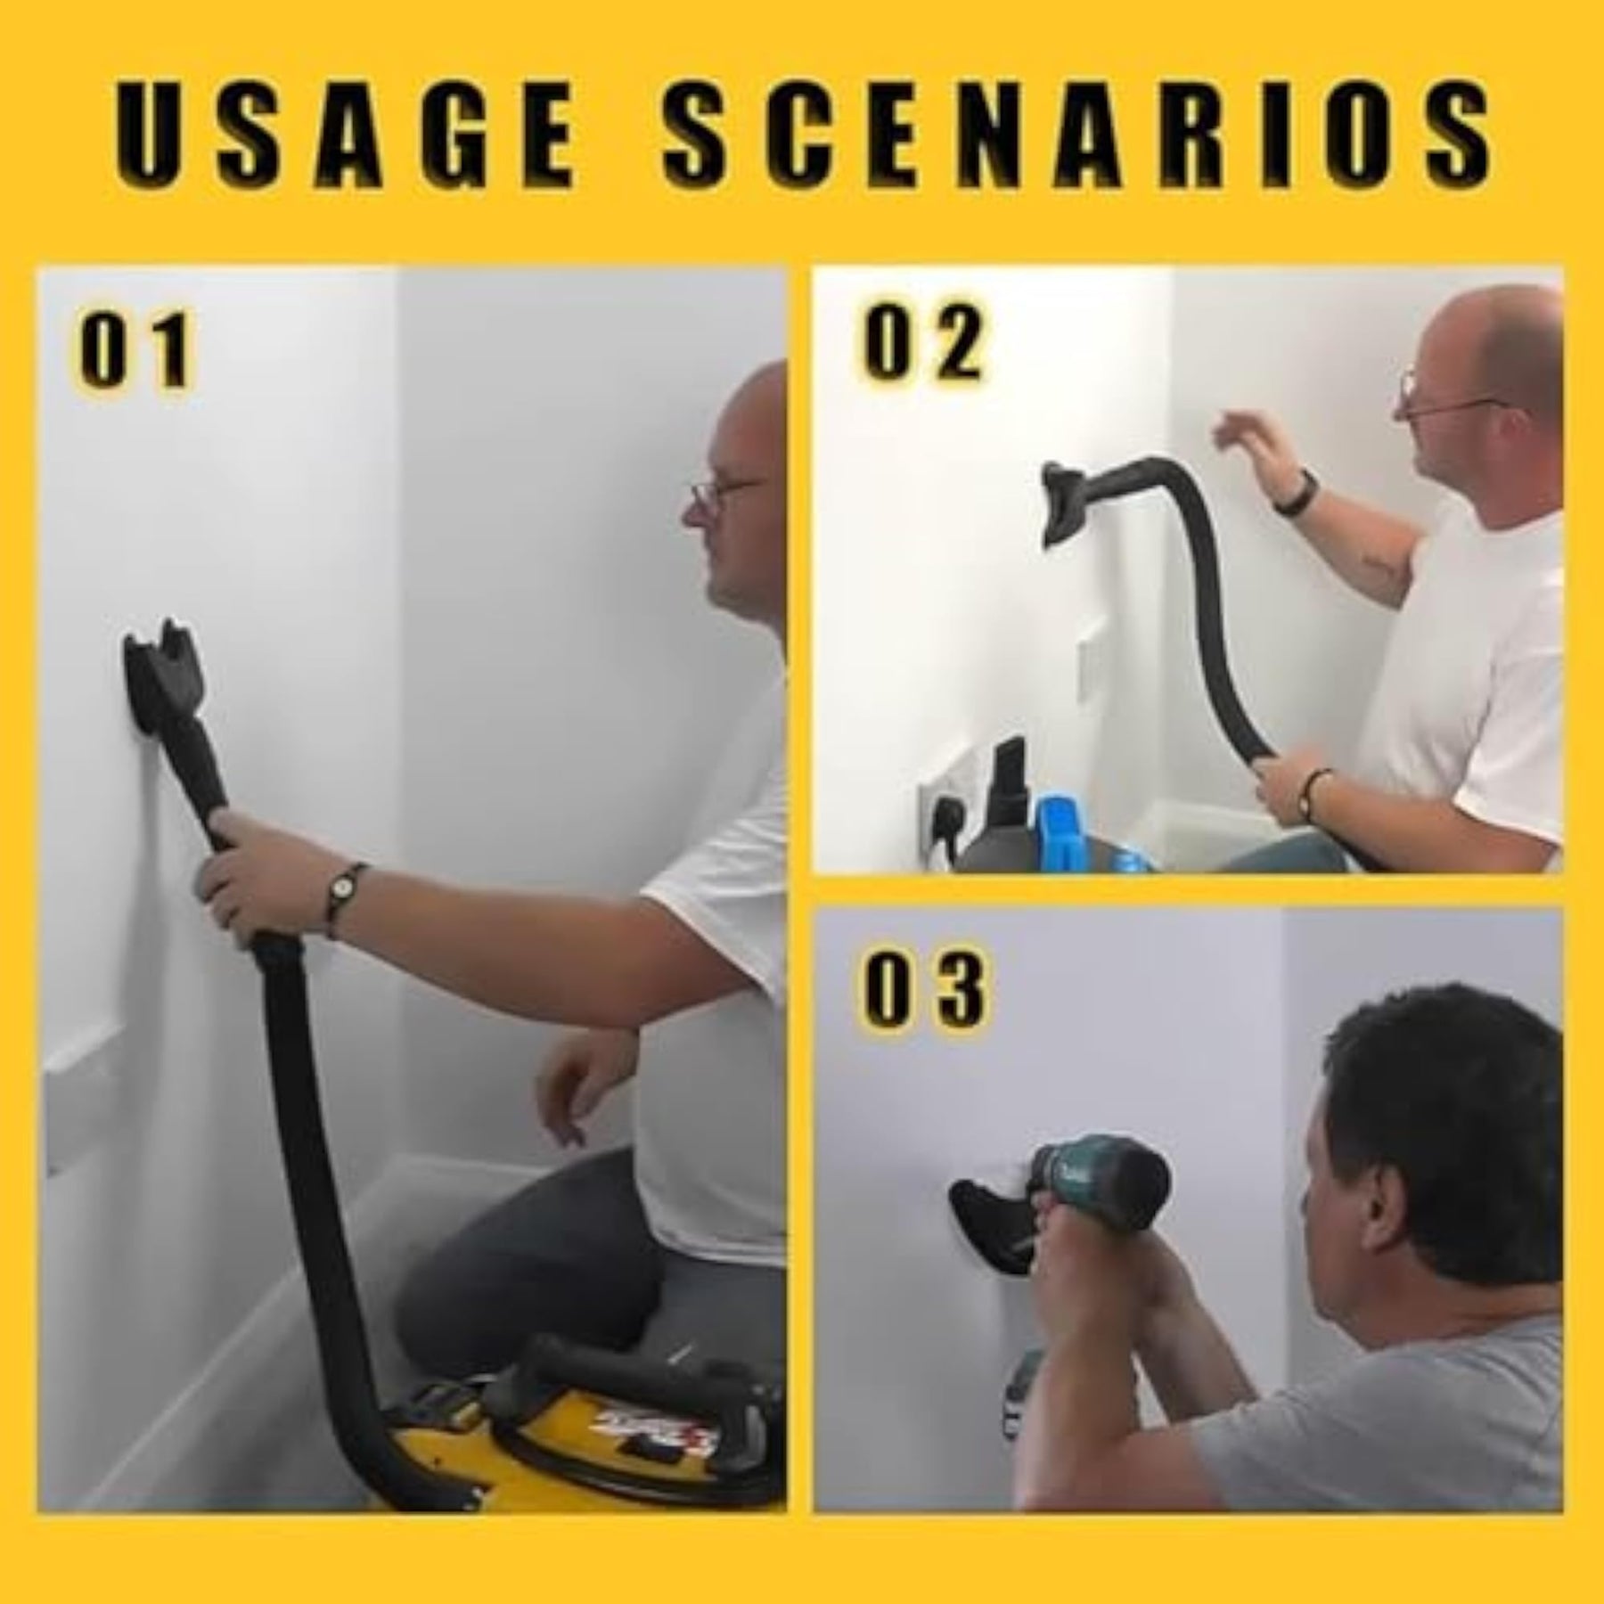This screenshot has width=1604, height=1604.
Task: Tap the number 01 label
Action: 135,350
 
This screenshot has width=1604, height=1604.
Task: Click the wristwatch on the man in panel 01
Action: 341,891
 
